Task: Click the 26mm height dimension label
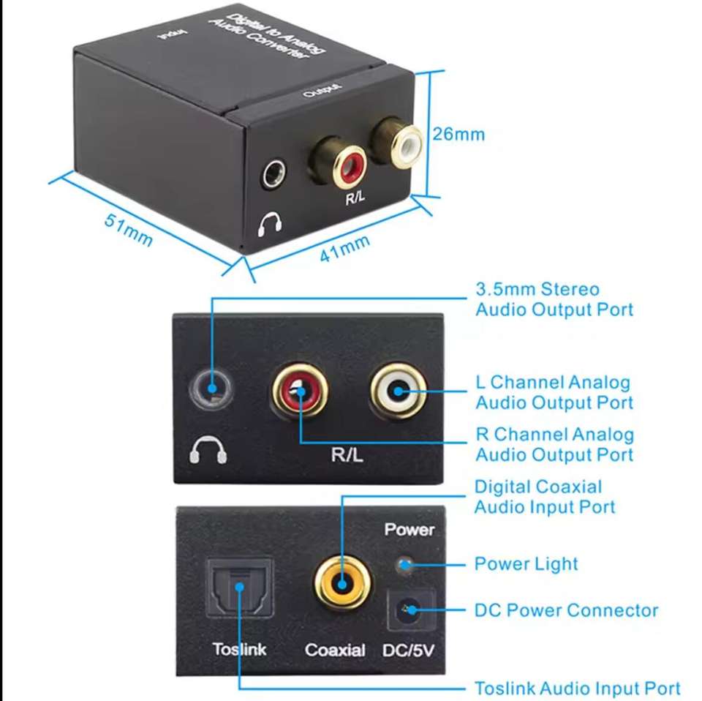[458, 134]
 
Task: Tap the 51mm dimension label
[129, 230]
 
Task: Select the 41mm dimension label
[344, 248]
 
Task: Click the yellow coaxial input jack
[342, 584]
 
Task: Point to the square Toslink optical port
[240, 588]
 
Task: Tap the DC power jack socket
[411, 610]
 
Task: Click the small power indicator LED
[404, 564]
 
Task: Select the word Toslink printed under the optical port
[240, 649]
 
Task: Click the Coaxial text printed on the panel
[335, 650]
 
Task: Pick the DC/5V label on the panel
[408, 650]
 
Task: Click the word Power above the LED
[409, 530]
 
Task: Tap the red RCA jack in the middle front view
[300, 391]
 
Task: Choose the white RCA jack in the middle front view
[398, 391]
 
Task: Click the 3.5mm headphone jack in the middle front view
[211, 388]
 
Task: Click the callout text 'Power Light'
[526, 564]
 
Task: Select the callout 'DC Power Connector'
[566, 610]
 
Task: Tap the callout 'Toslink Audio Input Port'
[578, 688]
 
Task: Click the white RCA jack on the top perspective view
[405, 146]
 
